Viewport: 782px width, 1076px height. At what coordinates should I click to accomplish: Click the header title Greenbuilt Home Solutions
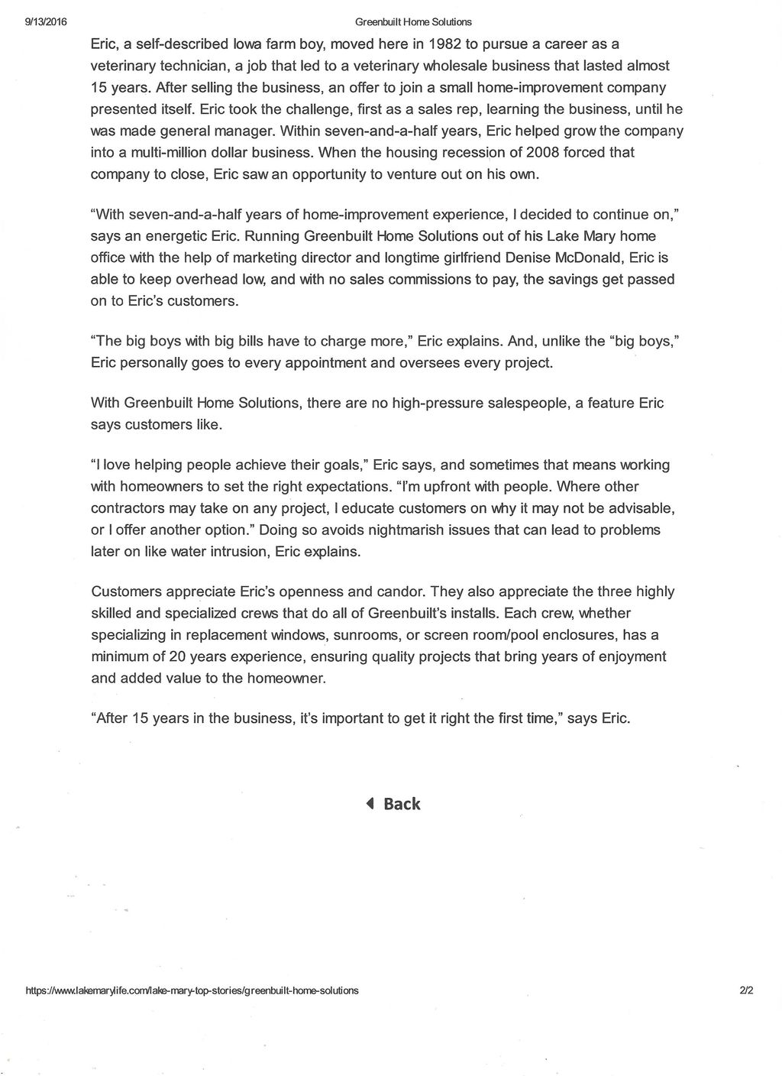coord(413,22)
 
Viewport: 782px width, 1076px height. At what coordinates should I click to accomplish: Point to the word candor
coord(400,591)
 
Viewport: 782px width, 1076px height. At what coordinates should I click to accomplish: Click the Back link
coord(402,804)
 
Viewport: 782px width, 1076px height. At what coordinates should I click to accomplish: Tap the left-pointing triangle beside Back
coord(370,803)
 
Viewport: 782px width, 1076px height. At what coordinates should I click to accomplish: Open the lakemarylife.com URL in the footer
coord(192,990)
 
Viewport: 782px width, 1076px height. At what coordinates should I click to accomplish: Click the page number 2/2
coord(746,990)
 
